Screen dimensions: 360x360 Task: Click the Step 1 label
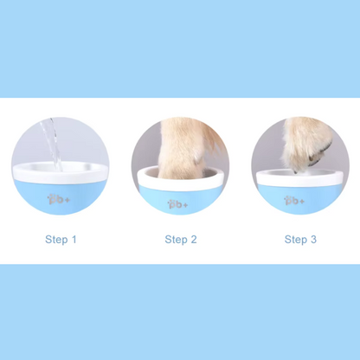click(61, 240)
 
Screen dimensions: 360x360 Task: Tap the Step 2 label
click(181, 240)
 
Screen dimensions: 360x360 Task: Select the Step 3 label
click(300, 240)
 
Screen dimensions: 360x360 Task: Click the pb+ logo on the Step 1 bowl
click(59, 199)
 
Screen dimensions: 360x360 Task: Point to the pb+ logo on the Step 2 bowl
click(177, 204)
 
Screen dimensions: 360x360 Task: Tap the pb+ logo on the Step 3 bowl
click(294, 201)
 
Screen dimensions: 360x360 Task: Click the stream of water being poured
click(52, 145)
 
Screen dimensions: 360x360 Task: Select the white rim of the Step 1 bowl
click(60, 173)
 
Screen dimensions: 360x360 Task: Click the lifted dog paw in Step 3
click(305, 145)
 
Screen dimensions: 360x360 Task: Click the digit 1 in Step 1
click(74, 239)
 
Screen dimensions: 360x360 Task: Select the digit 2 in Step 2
click(194, 239)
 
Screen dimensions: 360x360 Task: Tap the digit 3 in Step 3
click(313, 239)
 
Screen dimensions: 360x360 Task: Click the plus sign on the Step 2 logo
click(185, 205)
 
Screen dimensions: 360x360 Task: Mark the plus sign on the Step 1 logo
click(67, 201)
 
